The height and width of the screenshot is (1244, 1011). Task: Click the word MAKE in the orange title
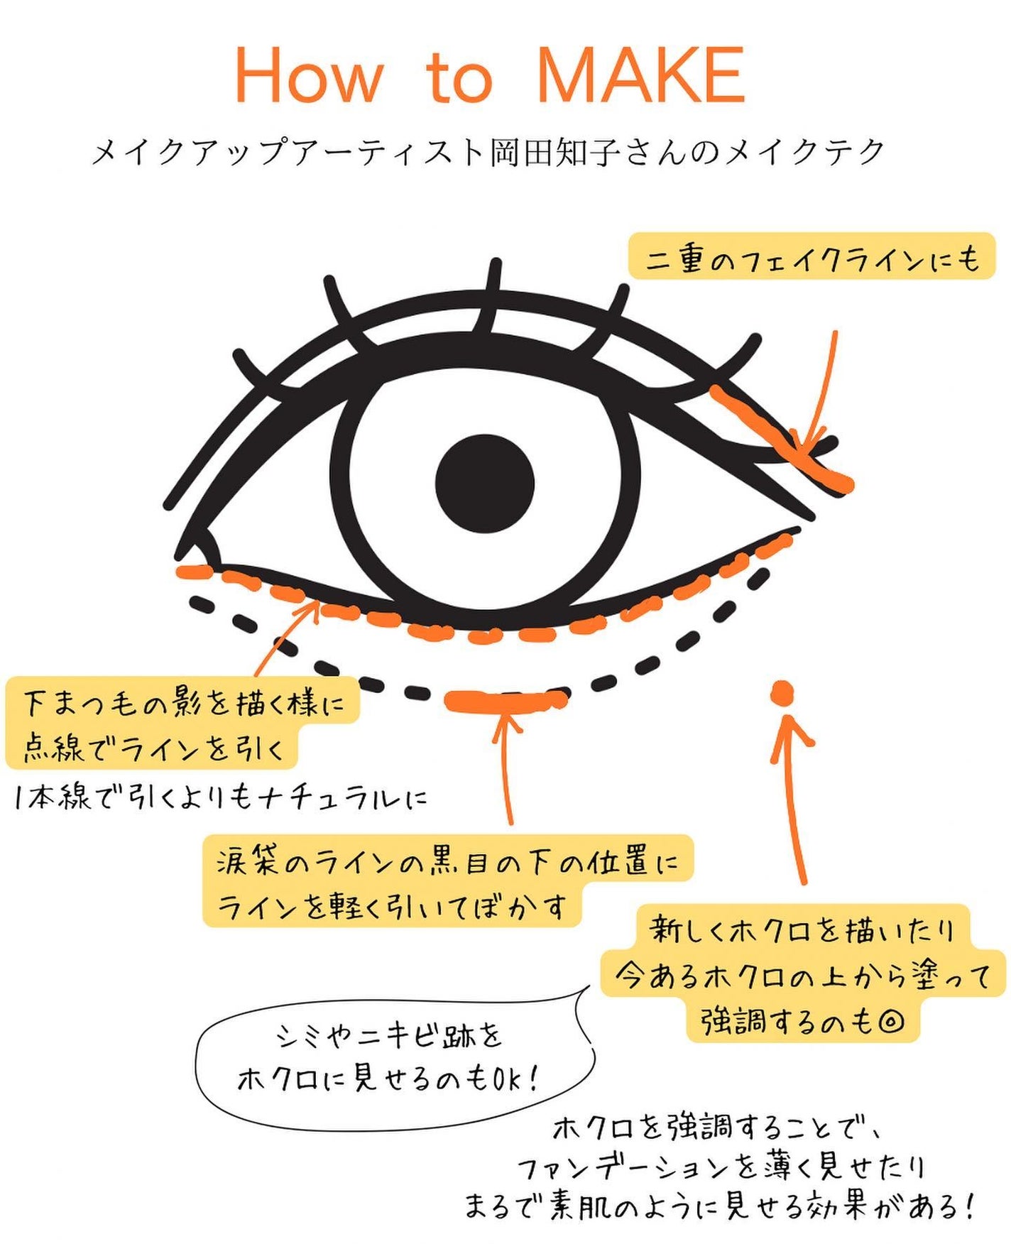click(x=641, y=75)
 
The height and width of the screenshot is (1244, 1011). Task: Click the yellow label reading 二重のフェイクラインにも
click(x=811, y=258)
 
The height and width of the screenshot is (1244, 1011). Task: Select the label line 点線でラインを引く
click(x=153, y=747)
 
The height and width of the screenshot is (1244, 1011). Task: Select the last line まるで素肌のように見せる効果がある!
click(x=720, y=1206)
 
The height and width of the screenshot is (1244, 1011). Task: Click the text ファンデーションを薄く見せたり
click(x=721, y=1167)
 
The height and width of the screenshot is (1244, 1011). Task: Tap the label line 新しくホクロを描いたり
click(x=802, y=929)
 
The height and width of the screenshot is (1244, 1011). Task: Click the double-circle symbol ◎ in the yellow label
click(x=890, y=1022)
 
